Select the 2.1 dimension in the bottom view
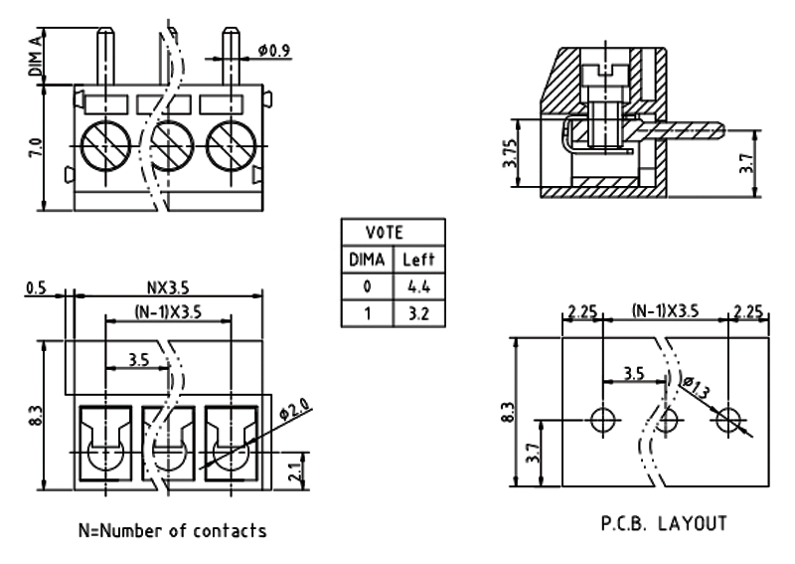pos(292,470)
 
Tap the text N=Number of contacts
pos(172,530)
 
